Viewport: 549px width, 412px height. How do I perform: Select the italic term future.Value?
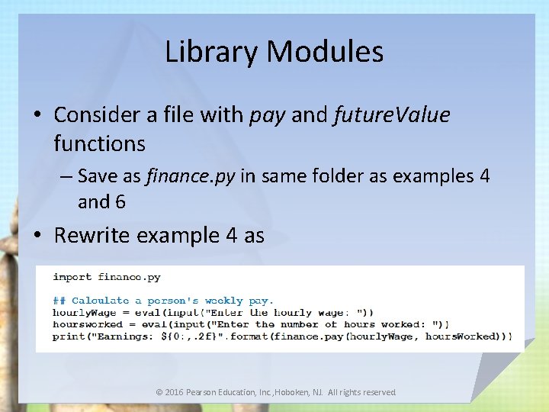(x=392, y=115)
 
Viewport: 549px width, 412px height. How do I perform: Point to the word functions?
(x=100, y=143)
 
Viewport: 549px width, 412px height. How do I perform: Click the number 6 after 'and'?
(x=120, y=201)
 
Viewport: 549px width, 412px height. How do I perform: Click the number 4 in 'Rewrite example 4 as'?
(x=232, y=235)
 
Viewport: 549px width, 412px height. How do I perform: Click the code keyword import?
(x=72, y=277)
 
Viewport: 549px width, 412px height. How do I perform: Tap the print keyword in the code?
(x=69, y=336)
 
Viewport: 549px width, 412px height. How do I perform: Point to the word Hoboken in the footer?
(x=302, y=392)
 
